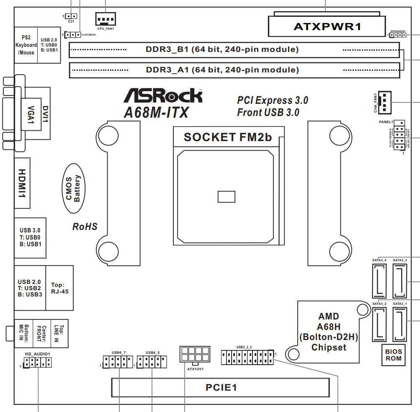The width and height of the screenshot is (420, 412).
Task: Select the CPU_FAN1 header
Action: click(106, 18)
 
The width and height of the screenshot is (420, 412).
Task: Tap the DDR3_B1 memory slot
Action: click(234, 50)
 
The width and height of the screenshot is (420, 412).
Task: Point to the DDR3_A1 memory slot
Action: click(234, 70)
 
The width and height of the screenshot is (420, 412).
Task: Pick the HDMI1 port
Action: click(23, 183)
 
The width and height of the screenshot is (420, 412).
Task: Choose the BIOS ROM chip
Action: click(393, 355)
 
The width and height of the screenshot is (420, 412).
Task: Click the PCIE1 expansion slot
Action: click(221, 387)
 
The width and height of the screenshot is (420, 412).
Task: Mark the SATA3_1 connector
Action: click(400, 324)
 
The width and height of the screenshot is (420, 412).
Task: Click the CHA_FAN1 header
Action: click(384, 103)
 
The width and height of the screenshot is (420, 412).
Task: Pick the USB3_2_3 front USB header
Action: click(247, 358)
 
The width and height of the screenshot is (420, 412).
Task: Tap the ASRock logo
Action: click(163, 95)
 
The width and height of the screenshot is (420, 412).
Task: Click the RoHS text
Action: click(85, 227)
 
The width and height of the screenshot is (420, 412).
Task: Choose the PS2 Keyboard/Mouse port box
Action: click(26, 45)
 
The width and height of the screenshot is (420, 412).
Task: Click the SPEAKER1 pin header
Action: click(397, 35)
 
